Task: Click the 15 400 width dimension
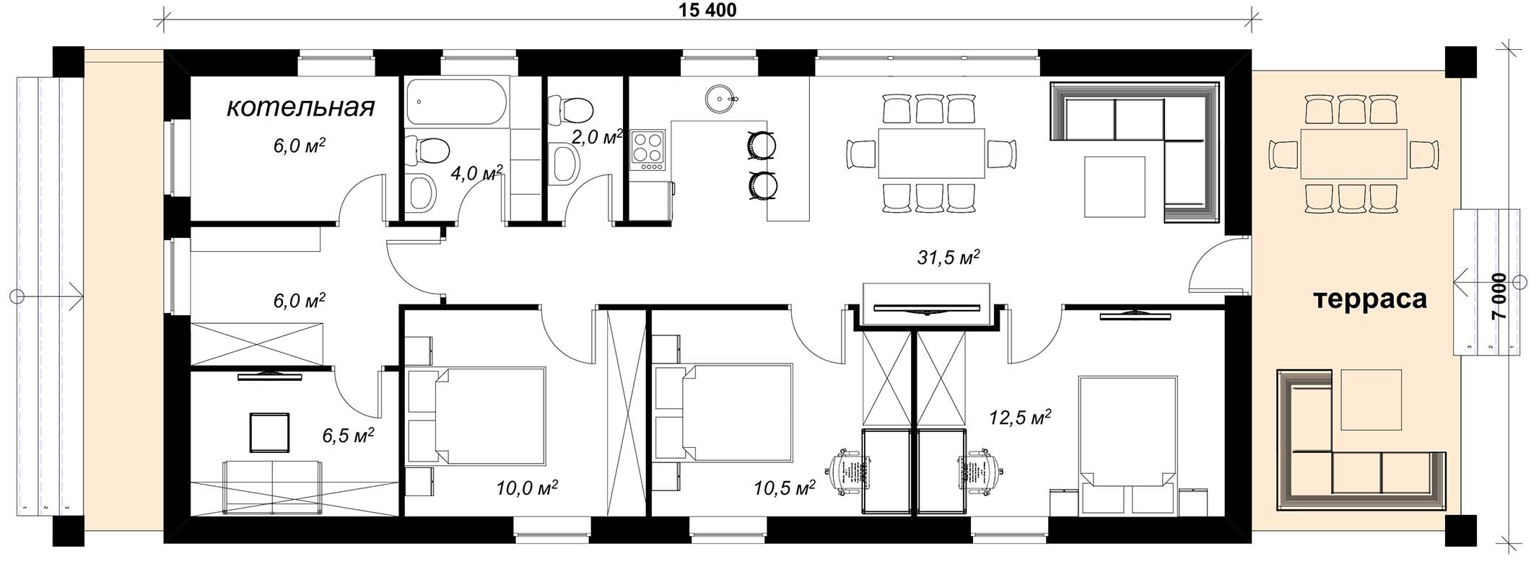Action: pos(707,10)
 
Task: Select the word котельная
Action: pos(301,107)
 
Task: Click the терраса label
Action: pos(1370,299)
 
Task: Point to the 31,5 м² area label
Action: pos(948,257)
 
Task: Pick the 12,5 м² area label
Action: pos(1019,417)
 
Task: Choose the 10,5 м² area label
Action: pos(785,488)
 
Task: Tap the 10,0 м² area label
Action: pos(527,488)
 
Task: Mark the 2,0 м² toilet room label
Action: pos(597,136)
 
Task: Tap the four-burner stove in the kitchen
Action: pos(647,151)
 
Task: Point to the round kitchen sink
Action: pos(719,97)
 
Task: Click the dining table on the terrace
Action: pos(1353,153)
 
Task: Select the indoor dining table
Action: pos(932,153)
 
